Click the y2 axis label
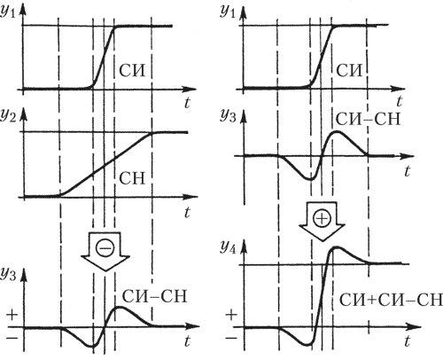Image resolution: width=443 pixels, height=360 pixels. [8, 115]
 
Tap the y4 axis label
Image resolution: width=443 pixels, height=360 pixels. [228, 247]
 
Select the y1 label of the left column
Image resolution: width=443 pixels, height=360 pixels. [8, 12]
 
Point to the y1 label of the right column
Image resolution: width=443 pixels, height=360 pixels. [228, 12]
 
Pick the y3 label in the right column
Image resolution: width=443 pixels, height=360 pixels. [228, 116]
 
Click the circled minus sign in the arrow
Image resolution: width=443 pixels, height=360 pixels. [105, 247]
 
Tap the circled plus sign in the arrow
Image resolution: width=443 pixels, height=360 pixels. [322, 219]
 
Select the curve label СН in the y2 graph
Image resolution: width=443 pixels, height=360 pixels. [132, 178]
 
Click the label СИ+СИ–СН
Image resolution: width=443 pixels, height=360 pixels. [391, 300]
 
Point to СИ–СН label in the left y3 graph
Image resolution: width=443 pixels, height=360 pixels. [155, 296]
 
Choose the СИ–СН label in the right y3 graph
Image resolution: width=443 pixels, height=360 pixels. [368, 119]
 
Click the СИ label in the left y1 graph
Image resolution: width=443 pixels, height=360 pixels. [132, 71]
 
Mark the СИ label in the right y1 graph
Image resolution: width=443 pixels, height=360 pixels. [349, 71]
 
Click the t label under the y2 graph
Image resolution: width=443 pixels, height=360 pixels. [187, 212]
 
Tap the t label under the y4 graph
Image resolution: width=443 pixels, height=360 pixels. [408, 340]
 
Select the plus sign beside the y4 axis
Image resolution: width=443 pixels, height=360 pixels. [231, 314]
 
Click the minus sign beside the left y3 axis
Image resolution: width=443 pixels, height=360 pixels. [12, 338]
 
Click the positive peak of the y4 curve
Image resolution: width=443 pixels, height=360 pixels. [336, 247]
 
